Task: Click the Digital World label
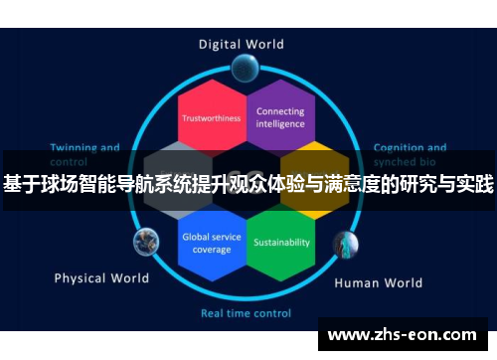[241, 44]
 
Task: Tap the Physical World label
[101, 277]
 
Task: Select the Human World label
[378, 282]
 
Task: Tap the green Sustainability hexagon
[281, 241]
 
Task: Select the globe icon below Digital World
[244, 68]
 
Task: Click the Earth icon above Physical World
[146, 240]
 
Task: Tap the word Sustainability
[281, 242]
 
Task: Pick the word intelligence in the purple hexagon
[280, 124]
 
